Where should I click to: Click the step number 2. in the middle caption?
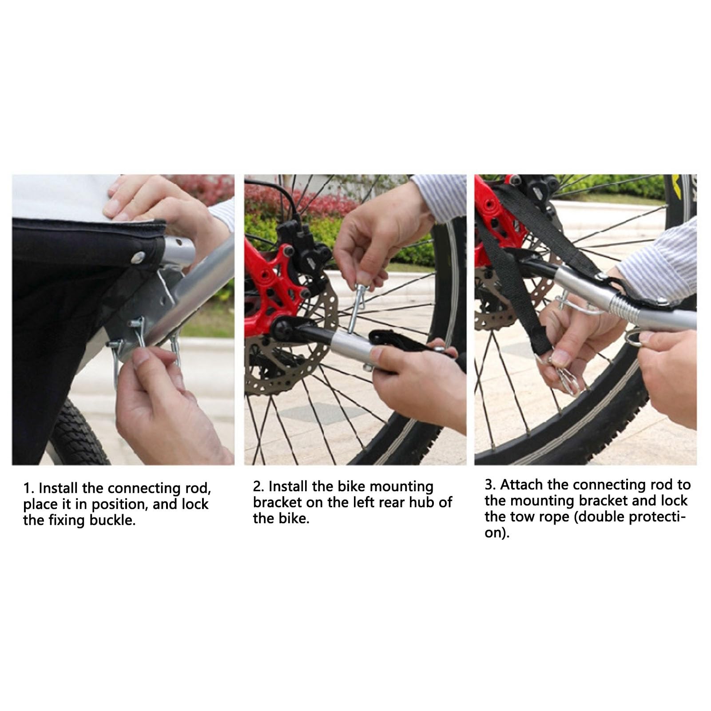pos(259,487)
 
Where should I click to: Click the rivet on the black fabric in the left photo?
pos(140,256)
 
